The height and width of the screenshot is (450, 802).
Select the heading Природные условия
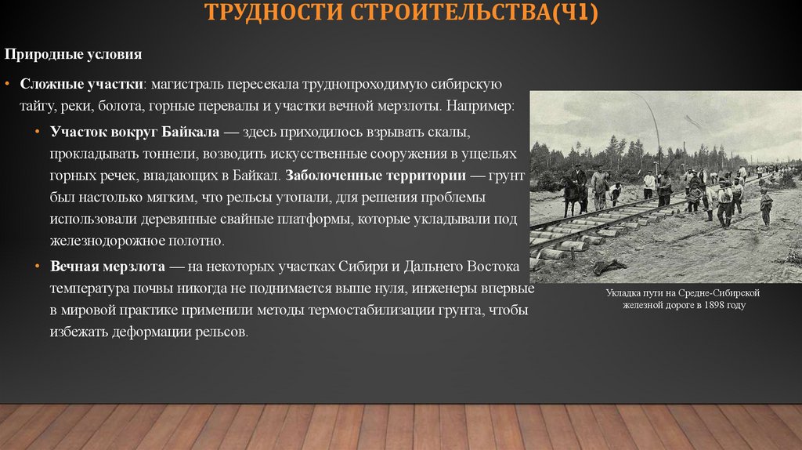(x=74, y=55)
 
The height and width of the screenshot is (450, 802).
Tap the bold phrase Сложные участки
(x=81, y=83)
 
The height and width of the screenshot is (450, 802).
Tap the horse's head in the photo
(x=562, y=188)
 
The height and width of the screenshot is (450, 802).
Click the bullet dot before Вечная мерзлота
(x=38, y=266)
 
